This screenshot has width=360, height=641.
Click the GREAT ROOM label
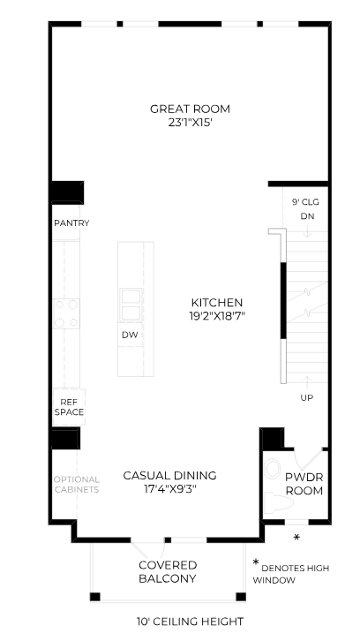coord(190,109)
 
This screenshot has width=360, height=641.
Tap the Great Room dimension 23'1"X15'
coord(190,124)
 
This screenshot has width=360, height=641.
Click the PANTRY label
coord(71,223)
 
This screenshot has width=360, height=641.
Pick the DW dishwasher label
coord(130,336)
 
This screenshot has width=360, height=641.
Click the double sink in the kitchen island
coord(131,303)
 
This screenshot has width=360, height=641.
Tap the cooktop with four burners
coord(67,313)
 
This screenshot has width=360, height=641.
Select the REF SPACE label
coord(68,406)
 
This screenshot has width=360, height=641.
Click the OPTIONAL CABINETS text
coord(76,485)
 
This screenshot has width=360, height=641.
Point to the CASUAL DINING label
coord(169,475)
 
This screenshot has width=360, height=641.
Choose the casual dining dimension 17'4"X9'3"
coord(169,490)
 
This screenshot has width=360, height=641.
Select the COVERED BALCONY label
coord(167,571)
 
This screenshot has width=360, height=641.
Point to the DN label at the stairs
coord(306,216)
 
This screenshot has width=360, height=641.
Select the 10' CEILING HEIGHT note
coord(189,622)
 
